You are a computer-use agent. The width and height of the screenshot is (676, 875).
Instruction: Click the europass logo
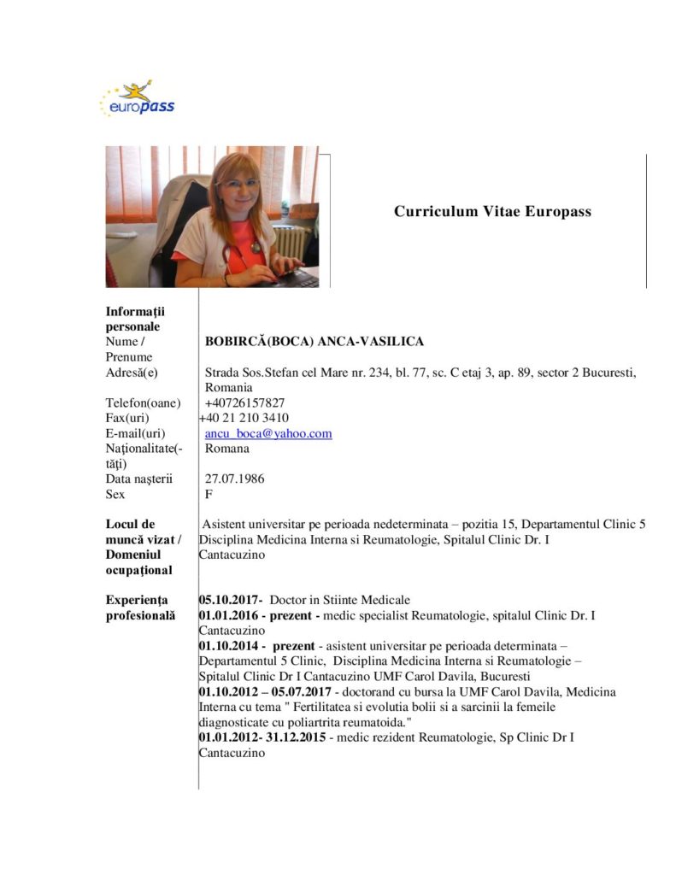[x=137, y=99]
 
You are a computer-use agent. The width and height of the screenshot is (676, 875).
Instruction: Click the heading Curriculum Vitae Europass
[x=492, y=211]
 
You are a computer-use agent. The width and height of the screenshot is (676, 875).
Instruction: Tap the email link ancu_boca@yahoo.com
[x=268, y=433]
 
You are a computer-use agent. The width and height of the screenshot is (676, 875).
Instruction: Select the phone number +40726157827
[x=244, y=402]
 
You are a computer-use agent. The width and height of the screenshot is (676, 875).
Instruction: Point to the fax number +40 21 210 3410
[x=244, y=418]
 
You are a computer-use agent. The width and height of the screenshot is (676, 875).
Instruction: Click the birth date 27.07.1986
[x=234, y=479]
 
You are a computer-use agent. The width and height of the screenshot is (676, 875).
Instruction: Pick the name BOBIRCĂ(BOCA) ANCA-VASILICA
[x=314, y=341]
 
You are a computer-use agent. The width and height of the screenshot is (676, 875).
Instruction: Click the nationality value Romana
[x=227, y=448]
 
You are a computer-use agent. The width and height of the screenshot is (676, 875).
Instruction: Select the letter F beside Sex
[x=209, y=494]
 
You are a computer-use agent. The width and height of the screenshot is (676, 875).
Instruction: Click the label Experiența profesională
[x=140, y=607]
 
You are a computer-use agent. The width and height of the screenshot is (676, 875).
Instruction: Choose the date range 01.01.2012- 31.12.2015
[x=262, y=737]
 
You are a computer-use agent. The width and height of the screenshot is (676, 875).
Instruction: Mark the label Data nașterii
[x=139, y=479]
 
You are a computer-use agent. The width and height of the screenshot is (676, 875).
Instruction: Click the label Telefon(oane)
[x=144, y=402]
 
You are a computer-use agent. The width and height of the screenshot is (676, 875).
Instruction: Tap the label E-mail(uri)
[x=136, y=433]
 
